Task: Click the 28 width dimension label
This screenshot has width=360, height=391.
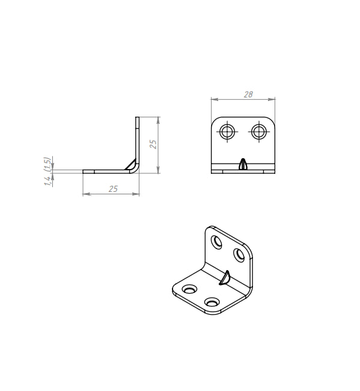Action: (248, 94)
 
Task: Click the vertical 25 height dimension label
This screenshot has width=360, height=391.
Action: (153, 144)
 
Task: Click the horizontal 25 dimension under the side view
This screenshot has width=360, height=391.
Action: (113, 189)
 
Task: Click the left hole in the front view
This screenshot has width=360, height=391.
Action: (227, 132)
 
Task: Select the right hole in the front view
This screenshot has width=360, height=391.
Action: (259, 132)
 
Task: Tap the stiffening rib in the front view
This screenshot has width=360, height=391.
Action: (243, 164)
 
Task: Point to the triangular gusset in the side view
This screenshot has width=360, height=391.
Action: (131, 165)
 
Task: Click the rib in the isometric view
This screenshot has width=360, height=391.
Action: (224, 277)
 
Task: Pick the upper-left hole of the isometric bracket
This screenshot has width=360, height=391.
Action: (216, 242)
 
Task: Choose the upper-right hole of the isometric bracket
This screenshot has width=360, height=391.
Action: (239, 255)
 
